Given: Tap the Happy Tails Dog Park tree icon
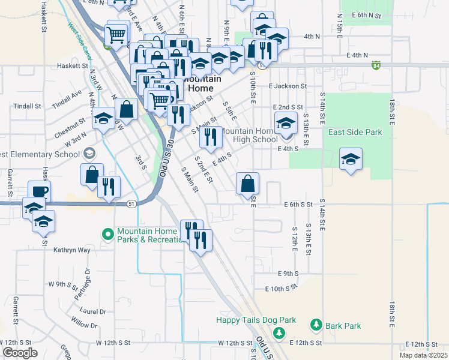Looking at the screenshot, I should (278, 332).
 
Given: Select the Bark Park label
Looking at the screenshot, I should (343, 326).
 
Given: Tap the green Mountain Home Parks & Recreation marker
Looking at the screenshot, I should (108, 233).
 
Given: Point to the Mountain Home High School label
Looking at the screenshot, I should (250, 135).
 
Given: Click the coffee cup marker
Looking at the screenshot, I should (39, 191).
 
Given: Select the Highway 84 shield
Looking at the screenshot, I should (376, 65).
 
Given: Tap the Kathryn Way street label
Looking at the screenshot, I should (72, 250).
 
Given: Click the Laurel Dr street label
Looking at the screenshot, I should (93, 311).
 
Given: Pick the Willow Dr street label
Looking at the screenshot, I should (84, 325).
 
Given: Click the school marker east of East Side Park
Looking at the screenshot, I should (351, 159).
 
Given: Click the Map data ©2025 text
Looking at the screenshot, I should (423, 355).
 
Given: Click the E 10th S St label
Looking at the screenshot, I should (284, 289).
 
